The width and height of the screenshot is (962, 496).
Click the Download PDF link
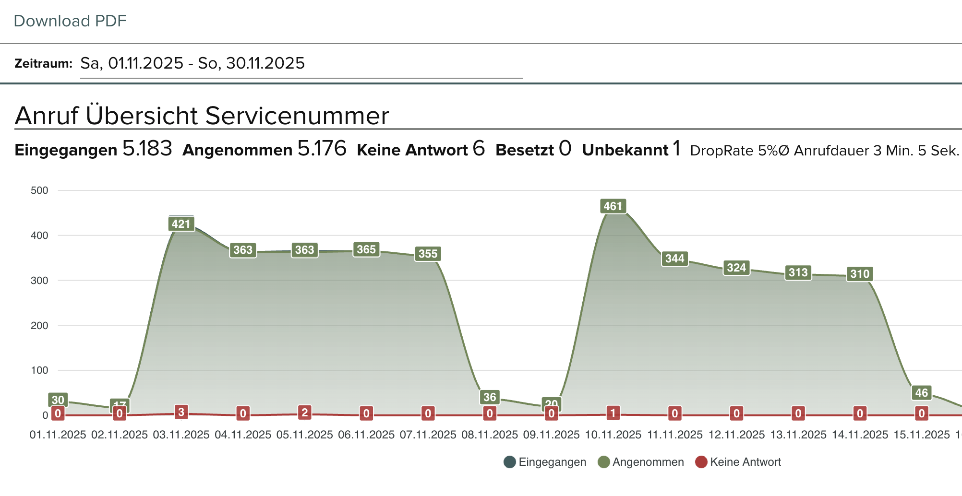70,21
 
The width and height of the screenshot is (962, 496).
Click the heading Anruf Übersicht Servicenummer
202,116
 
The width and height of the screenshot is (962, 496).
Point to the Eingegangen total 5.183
147,149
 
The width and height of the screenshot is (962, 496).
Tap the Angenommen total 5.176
322,149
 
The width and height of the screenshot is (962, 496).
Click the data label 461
613,206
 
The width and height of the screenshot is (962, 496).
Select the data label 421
181,224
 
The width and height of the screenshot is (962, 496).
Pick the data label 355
428,254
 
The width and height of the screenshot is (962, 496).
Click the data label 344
674,259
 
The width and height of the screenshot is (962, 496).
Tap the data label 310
860,274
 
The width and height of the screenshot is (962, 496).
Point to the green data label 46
921,393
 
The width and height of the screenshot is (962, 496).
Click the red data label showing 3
181,412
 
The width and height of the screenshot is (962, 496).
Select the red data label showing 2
304,413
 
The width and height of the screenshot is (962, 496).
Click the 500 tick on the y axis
39,190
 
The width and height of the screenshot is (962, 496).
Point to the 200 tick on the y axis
39,326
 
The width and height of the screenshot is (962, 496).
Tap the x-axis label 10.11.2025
613,435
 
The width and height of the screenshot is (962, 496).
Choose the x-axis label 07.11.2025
428,435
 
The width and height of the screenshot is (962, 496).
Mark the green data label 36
490,397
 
